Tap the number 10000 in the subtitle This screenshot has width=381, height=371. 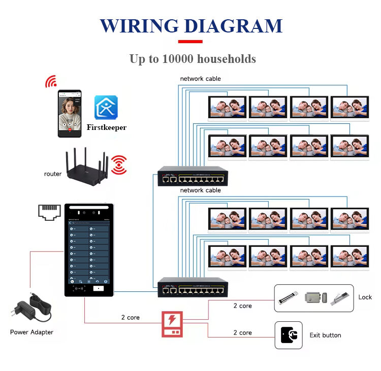178,59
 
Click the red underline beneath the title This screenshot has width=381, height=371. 190,42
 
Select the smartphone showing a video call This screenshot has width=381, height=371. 69,114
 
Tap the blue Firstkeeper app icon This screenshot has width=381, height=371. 106,107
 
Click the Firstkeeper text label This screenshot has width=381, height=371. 106,127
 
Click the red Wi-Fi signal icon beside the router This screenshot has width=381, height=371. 119,165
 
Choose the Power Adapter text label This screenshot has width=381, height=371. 31,332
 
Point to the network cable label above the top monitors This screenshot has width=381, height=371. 200,79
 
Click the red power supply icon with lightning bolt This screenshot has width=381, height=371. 172,324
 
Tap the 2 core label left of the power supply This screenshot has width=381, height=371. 130,317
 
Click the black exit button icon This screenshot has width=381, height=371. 289,335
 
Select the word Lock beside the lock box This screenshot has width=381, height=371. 365,297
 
